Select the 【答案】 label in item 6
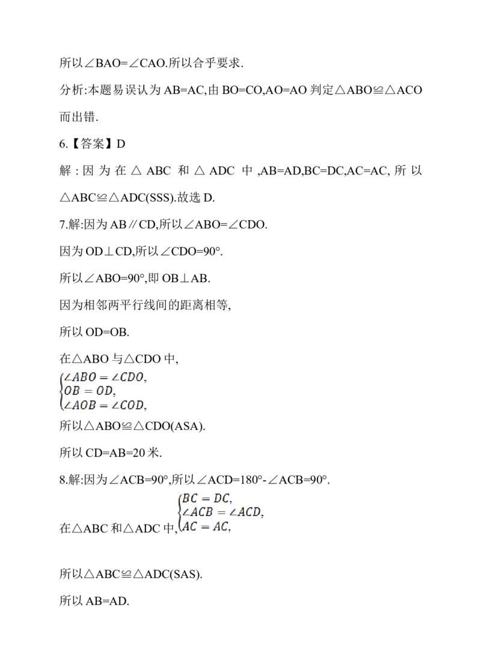click(91, 144)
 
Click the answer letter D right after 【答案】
click(121, 144)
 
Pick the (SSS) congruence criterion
click(159, 198)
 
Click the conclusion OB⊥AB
click(185, 278)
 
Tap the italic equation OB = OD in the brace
click(88, 391)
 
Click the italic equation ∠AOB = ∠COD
click(103, 405)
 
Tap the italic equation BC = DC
click(206, 498)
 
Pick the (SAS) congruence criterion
click(185, 574)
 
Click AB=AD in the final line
click(106, 601)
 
